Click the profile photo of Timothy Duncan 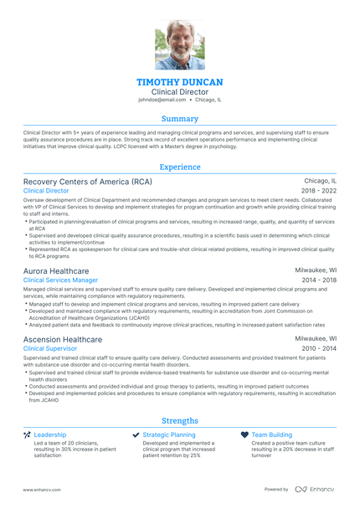pos(180,45)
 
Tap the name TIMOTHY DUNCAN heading pos(180,81)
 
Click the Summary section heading pos(180,119)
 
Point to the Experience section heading pos(180,167)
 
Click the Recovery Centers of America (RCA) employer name pos(76,181)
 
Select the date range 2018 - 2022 pos(319,191)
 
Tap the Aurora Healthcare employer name pos(56,271)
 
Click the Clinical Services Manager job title pos(60,280)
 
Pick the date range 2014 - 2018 pos(319,280)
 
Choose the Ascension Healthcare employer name pos(63,339)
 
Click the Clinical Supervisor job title pos(50,348)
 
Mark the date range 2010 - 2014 pos(319,348)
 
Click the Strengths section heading pos(180,420)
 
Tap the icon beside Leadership pos(27,435)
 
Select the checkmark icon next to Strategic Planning pos(136,435)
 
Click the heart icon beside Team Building pos(244,435)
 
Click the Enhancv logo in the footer pos(314,489)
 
